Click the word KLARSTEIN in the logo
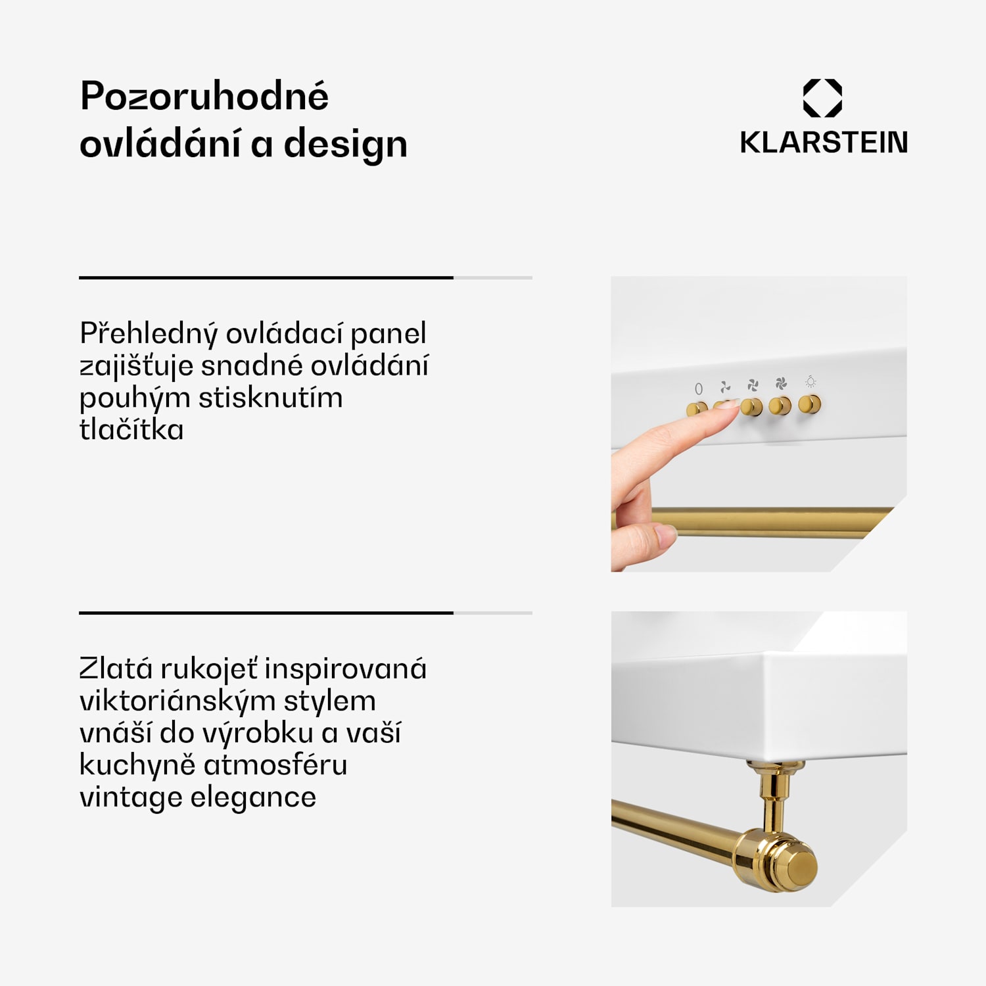pyautogui.click(x=824, y=143)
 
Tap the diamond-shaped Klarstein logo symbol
pyautogui.click(x=822, y=99)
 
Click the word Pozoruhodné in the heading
pyautogui.click(x=204, y=97)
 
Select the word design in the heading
pyautogui.click(x=345, y=145)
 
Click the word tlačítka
pyautogui.click(x=131, y=430)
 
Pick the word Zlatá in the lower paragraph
pyautogui.click(x=116, y=669)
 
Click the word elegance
pyautogui.click(x=253, y=797)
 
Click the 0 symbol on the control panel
pyautogui.click(x=699, y=388)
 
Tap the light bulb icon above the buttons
pyautogui.click(x=810, y=381)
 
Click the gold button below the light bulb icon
pyautogui.click(x=810, y=404)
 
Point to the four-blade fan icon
pyautogui.click(x=781, y=383)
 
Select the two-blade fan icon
pyautogui.click(x=725, y=387)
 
